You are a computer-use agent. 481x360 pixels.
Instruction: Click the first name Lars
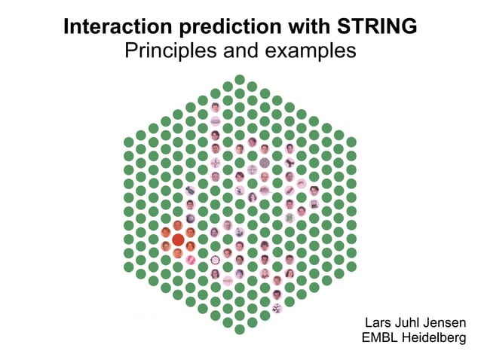[x=378, y=323]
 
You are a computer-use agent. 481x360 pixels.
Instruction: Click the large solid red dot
[x=178, y=239]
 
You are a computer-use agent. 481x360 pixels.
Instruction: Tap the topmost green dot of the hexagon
[x=240, y=80]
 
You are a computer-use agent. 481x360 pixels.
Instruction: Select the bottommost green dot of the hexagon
[x=240, y=328]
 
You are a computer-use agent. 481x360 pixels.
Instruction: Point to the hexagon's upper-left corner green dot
[x=129, y=142]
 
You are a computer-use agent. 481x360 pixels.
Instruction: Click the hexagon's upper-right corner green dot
[x=351, y=142]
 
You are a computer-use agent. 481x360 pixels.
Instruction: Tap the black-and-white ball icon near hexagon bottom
[x=277, y=307]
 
